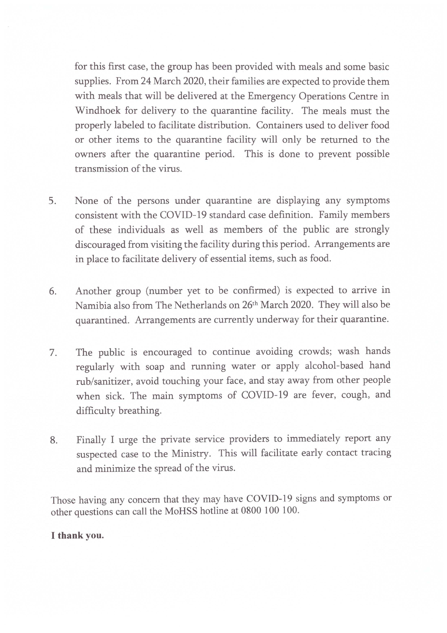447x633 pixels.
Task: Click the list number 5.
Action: [52, 201]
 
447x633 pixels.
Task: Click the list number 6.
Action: [53, 291]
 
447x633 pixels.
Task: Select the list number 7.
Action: [53, 353]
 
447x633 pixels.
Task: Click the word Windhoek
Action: [98, 111]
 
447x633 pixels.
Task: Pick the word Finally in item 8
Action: [91, 440]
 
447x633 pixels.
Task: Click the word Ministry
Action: [191, 454]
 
